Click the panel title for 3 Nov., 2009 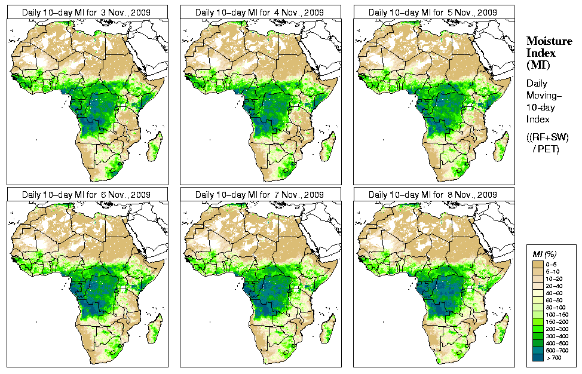click(x=86, y=12)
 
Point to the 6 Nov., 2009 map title click(x=86, y=195)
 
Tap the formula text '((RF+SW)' click(x=547, y=137)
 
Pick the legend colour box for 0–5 click(x=537, y=263)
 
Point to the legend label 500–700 click(x=557, y=350)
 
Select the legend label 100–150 click(x=557, y=314)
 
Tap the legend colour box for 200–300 click(x=537, y=328)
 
